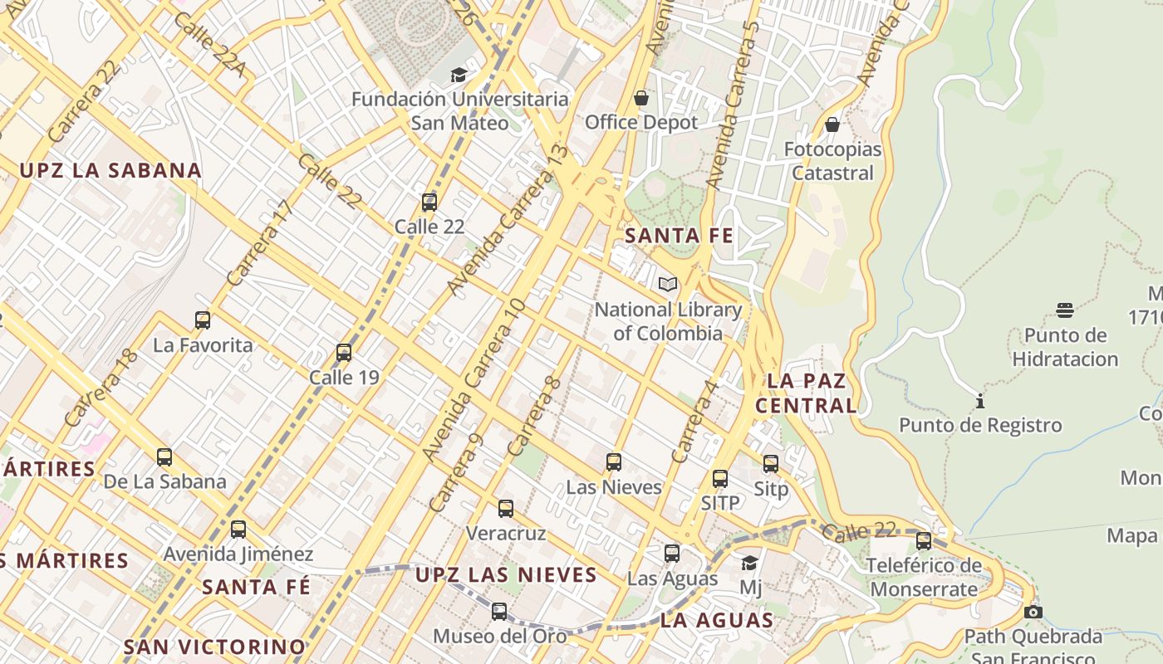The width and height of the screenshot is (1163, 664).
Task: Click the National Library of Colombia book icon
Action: pyautogui.click(x=668, y=285)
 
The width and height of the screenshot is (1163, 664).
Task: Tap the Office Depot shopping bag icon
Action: pyautogui.click(x=641, y=98)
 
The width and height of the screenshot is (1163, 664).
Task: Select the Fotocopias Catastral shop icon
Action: pyautogui.click(x=832, y=125)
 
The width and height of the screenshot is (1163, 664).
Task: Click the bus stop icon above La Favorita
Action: pyautogui.click(x=203, y=320)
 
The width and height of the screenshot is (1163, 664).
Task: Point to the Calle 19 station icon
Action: pyautogui.click(x=344, y=353)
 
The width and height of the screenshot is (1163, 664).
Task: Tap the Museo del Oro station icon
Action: pyautogui.click(x=499, y=612)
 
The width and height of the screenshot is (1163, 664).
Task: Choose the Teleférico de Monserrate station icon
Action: pyautogui.click(x=924, y=541)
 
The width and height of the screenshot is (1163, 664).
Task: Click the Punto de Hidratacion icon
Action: pyautogui.click(x=1065, y=310)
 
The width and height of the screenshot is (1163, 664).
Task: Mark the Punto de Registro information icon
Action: pyautogui.click(x=980, y=402)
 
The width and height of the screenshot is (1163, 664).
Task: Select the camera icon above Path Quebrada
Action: pyautogui.click(x=1033, y=613)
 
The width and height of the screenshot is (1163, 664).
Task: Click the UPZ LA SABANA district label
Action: pyautogui.click(x=110, y=171)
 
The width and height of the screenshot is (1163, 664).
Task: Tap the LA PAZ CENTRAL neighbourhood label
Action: pyautogui.click(x=807, y=393)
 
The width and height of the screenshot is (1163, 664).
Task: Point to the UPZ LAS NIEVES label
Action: pyautogui.click(x=506, y=574)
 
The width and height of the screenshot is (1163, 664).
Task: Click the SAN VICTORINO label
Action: pyautogui.click(x=215, y=647)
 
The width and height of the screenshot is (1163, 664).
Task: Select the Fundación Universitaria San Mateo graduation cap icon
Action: pyautogui.click(x=459, y=76)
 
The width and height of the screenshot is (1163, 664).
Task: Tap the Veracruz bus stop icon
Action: pyautogui.click(x=506, y=509)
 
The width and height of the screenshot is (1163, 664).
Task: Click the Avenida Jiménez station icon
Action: pyautogui.click(x=238, y=530)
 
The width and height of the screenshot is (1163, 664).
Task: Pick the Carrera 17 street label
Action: pyautogui.click(x=261, y=243)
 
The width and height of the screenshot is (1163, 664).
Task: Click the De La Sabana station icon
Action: pyautogui.click(x=164, y=457)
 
